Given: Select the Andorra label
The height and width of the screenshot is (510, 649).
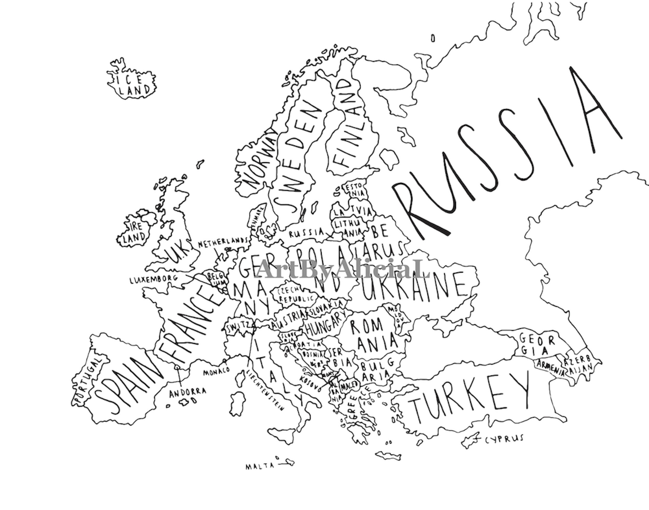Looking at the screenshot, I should pyautogui.click(x=187, y=393).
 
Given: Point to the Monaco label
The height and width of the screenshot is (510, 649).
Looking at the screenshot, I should pyautogui.click(x=217, y=371).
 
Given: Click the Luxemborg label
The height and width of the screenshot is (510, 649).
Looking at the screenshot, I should pyautogui.click(x=154, y=280).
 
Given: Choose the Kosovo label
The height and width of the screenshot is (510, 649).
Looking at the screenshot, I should pyautogui.click(x=311, y=384).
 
